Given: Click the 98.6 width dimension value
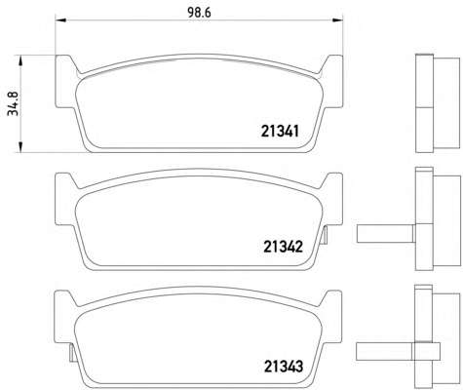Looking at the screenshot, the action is (199, 13).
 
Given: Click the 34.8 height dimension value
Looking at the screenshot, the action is (14, 103).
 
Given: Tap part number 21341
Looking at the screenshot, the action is (280, 132).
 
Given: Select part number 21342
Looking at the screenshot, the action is (283, 247).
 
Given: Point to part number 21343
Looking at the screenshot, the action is (284, 367).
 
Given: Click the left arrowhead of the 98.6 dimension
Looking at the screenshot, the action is (60, 20).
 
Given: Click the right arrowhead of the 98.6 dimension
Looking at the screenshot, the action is (338, 20).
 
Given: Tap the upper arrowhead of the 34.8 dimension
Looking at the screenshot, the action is (20, 60).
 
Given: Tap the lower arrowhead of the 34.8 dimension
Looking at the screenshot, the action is (20, 146).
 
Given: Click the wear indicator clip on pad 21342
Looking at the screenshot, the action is (326, 235).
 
